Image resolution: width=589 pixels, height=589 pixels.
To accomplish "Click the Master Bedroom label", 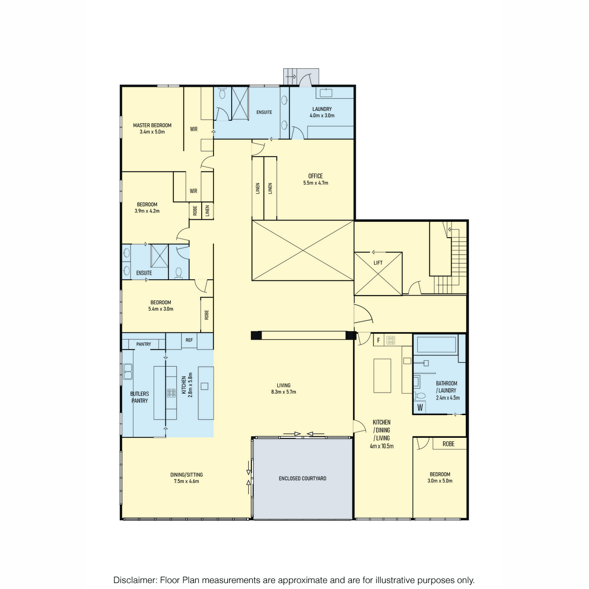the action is (152, 125).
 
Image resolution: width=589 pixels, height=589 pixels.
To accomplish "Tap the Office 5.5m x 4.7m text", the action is (316, 180).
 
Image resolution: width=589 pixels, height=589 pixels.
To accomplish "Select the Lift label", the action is (378, 263).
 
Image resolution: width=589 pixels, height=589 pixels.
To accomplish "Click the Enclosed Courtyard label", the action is (303, 479).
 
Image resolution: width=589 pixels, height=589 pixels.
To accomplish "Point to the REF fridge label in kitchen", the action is (189, 340).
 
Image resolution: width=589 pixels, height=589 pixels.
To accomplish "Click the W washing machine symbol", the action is (420, 407).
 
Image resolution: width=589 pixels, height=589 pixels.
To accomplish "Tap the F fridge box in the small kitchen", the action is (379, 340).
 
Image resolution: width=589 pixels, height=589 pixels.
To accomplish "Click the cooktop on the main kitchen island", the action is (171, 393).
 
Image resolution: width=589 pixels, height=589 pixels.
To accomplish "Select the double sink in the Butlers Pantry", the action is (128, 372).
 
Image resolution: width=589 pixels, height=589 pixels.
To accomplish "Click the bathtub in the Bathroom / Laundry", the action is (437, 344).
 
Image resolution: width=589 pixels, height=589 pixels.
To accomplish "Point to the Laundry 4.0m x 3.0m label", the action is (322, 112).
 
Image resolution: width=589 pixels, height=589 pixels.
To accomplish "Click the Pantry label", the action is (144, 344).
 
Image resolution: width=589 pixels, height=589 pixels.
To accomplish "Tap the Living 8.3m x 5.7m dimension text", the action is (284, 392).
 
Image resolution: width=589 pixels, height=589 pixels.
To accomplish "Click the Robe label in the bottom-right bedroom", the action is (449, 444).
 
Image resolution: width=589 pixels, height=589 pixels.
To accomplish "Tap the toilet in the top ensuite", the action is (222, 93).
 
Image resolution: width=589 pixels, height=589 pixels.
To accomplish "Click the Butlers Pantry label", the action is (140, 397).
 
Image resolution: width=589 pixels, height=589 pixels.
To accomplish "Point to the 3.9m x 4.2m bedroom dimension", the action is (147, 211).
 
